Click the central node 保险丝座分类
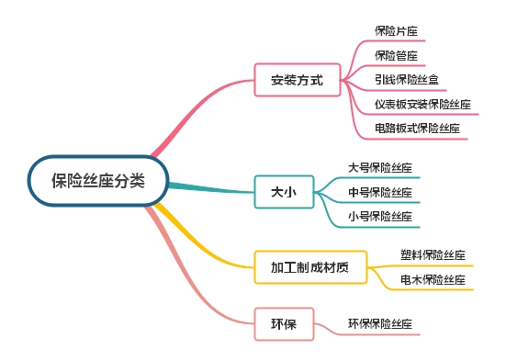pyautogui.click(x=98, y=181)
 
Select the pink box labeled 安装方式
pyautogui.click(x=298, y=80)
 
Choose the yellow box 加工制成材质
pyautogui.click(x=309, y=268)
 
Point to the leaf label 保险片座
pyautogui.click(x=396, y=31)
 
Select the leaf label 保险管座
pyautogui.click(x=396, y=55)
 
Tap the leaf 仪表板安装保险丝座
pyautogui.click(x=422, y=104)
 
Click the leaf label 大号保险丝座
pyautogui.click(x=379, y=168)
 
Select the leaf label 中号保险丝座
pyautogui.click(x=379, y=192)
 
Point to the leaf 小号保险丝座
pyautogui.click(x=379, y=216)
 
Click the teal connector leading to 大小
pyautogui.click(x=211, y=188)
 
